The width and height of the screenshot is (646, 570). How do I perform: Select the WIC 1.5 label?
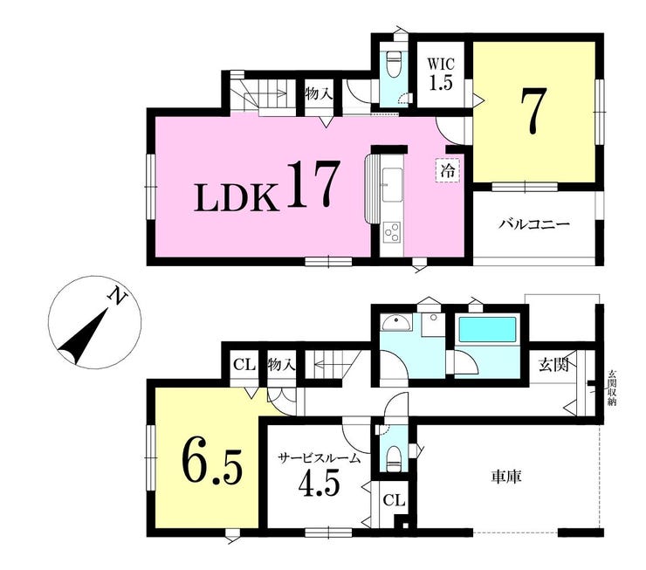441,74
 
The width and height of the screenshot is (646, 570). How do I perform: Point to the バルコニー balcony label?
534,224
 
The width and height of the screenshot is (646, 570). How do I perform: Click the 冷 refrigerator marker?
448,170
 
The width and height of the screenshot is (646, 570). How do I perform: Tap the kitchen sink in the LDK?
392,185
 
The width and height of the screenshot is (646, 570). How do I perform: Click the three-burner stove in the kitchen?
392,232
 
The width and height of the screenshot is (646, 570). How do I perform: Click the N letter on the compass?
117,297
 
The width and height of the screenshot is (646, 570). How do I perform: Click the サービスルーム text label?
319,457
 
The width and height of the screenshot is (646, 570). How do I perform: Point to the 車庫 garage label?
506,477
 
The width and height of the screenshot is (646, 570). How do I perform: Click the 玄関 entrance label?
554,365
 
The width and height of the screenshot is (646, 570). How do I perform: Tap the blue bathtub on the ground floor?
487,329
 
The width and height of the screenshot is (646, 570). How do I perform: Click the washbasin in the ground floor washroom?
395,322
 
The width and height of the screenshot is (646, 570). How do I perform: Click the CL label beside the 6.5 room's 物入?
244,365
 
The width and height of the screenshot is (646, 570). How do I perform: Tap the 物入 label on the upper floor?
319,94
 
